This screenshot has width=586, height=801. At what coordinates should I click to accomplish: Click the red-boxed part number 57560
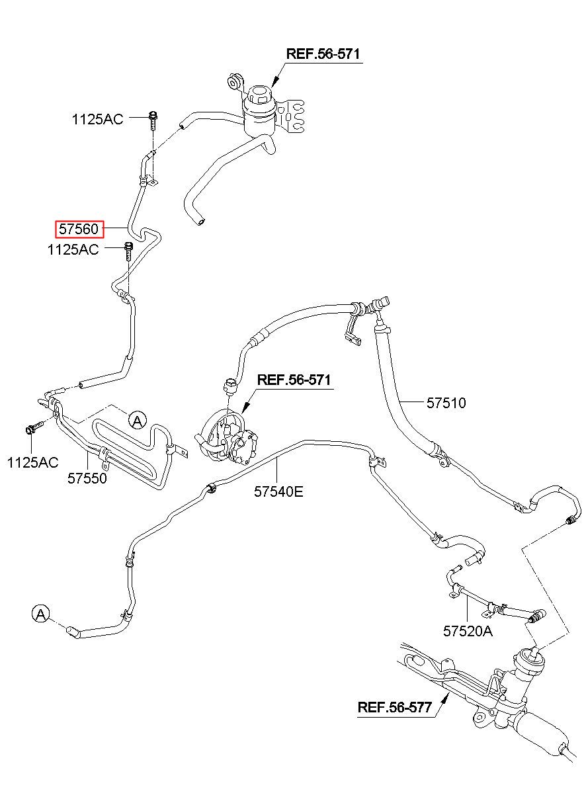coord(79,229)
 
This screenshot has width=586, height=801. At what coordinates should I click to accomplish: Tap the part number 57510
coord(446,403)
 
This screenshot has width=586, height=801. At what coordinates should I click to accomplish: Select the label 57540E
coord(278,491)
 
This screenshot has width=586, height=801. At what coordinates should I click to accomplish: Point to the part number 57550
coord(87,478)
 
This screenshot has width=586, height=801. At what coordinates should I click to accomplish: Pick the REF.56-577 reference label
coord(395,707)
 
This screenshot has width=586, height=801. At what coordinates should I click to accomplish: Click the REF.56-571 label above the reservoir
coord(323,54)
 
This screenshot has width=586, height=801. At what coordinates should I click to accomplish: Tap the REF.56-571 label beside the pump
coord(294,380)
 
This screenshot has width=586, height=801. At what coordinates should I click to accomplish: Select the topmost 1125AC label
coord(98,119)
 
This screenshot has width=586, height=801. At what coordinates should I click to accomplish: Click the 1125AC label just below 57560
coord(73,249)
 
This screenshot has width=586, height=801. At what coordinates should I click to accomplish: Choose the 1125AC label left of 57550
coord(32,462)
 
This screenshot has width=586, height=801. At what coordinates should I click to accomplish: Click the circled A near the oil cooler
coord(138,420)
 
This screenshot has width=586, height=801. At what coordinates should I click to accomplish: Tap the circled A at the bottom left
coord(41,614)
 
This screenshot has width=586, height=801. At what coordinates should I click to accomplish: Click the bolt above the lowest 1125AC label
coord(34,427)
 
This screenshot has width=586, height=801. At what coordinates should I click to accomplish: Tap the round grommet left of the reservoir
coord(233,83)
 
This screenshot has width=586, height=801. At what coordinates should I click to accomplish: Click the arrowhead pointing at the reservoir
coord(274,83)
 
